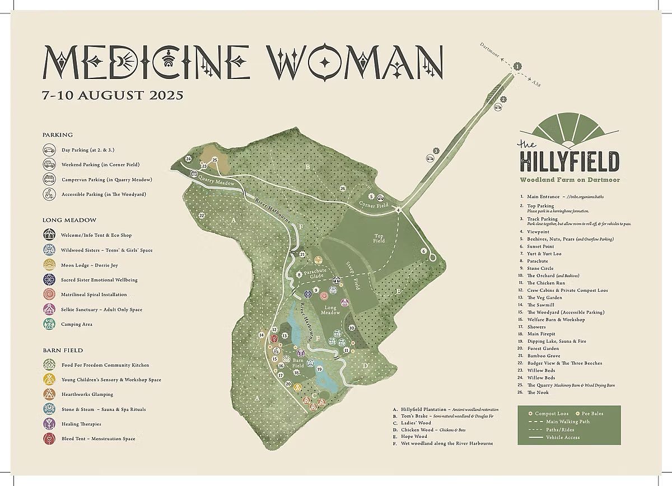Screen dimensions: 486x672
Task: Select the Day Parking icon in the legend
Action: [x=49, y=150]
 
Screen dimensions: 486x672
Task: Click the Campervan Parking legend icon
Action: [x=49, y=180]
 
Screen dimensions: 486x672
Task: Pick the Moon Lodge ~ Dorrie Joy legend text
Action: [x=89, y=265]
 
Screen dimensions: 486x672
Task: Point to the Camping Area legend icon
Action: [x=49, y=324]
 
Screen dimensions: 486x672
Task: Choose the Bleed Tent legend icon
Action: [x=49, y=439]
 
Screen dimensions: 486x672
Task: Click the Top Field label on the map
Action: [x=379, y=239]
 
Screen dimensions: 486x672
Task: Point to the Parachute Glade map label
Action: [x=315, y=272]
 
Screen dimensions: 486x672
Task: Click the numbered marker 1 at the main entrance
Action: [x=517, y=66]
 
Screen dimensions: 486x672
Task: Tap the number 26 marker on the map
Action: [x=343, y=188]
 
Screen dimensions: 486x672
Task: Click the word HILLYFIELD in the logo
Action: [x=569, y=161]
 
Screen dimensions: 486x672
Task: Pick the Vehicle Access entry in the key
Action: [x=563, y=437]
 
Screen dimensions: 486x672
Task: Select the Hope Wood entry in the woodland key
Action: [x=414, y=436]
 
